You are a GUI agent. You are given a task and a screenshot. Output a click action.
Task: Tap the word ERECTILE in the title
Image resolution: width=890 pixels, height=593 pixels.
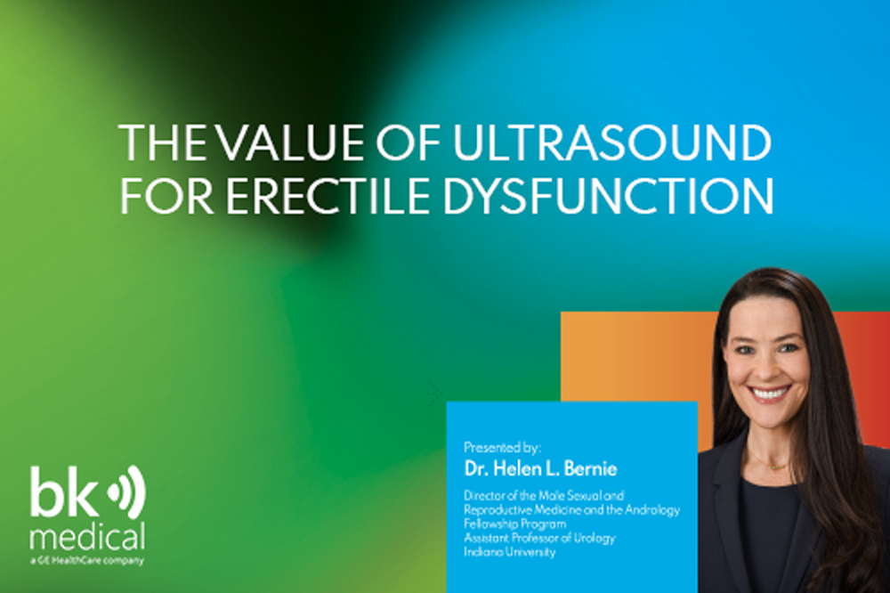click(328, 196)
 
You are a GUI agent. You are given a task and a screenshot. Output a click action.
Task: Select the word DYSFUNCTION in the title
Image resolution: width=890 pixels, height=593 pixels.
click(609, 196)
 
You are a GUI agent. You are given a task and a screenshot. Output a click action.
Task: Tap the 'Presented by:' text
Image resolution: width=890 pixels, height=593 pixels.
click(502, 448)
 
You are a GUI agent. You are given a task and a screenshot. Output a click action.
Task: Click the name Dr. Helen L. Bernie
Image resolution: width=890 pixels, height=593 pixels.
click(540, 468)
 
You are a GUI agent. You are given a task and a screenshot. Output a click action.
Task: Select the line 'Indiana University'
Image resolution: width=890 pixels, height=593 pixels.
click(510, 551)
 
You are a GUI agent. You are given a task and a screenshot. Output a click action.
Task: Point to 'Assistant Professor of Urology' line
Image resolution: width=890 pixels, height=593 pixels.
click(539, 537)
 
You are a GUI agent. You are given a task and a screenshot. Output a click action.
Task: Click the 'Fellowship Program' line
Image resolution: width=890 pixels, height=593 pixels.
click(514, 524)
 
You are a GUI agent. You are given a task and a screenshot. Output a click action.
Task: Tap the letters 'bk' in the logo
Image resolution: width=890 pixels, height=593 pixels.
click(63, 491)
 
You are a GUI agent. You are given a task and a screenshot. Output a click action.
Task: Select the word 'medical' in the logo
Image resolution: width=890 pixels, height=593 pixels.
click(87, 536)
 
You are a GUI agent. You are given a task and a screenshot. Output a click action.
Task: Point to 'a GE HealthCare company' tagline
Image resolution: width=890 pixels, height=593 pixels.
click(87, 561)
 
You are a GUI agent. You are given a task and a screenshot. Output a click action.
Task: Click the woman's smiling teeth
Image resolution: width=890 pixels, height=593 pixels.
click(770, 394)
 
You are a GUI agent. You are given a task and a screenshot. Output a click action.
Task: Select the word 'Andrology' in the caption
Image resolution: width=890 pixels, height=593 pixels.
click(652, 510)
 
